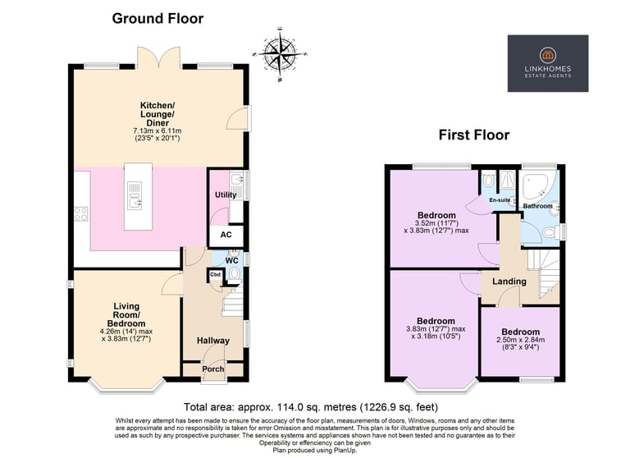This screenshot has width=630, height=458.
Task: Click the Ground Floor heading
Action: (x=157, y=19)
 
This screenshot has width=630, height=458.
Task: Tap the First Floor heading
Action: (x=473, y=135)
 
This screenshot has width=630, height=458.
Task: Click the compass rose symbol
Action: (x=280, y=54)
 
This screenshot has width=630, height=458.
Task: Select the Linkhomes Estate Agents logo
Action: (x=548, y=63)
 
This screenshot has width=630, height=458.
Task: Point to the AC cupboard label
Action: (x=226, y=235)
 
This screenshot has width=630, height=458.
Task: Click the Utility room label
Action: (x=226, y=195)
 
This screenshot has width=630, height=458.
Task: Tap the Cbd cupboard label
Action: (x=216, y=275)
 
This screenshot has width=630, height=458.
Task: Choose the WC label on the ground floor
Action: (x=232, y=260)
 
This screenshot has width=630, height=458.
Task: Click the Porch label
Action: (x=213, y=369)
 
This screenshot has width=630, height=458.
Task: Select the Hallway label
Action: (x=213, y=341)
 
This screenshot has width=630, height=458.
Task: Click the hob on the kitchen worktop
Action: (x=80, y=213)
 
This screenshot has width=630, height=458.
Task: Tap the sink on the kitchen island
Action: (x=135, y=196)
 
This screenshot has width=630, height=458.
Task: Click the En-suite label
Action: (x=500, y=199)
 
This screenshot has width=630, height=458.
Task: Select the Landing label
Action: (x=509, y=282)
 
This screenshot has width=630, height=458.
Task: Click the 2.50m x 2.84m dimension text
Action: (x=521, y=340)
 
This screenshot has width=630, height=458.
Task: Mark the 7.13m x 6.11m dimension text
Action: (x=157, y=131)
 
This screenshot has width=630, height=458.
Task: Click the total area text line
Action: (x=311, y=407)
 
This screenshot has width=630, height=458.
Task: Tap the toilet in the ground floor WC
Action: (x=235, y=274)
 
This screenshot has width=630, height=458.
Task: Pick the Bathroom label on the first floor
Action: (x=537, y=206)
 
